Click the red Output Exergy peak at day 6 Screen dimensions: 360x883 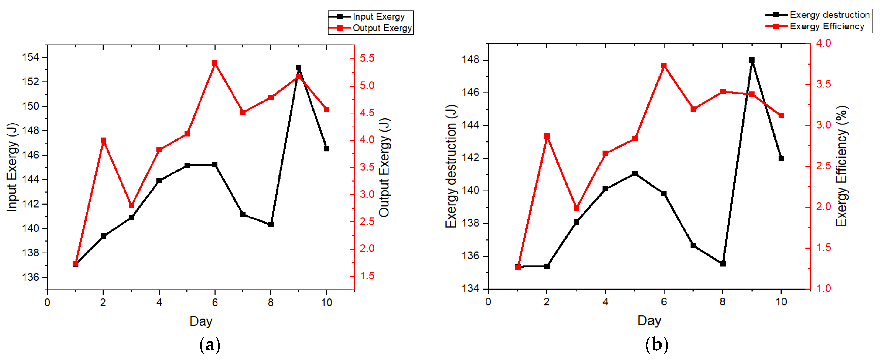[x=215, y=63]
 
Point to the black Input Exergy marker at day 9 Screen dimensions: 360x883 [x=298, y=68]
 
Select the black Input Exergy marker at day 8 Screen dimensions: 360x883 [x=271, y=224]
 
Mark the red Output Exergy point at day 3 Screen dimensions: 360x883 [x=131, y=205]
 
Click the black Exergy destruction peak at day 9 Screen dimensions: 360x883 [x=752, y=60]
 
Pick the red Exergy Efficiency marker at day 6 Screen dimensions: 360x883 [x=664, y=66]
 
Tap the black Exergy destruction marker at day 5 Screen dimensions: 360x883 [x=635, y=174]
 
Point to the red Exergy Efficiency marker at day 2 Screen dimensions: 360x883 [x=547, y=136]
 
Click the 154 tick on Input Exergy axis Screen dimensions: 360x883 [x=31, y=57]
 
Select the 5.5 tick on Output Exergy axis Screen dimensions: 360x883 [x=367, y=58]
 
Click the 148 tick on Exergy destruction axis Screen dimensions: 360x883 [x=471, y=60]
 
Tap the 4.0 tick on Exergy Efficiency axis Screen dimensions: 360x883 [x=823, y=43]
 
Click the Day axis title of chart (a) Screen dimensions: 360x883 [x=201, y=321]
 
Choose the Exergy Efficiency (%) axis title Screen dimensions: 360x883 [x=841, y=166]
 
